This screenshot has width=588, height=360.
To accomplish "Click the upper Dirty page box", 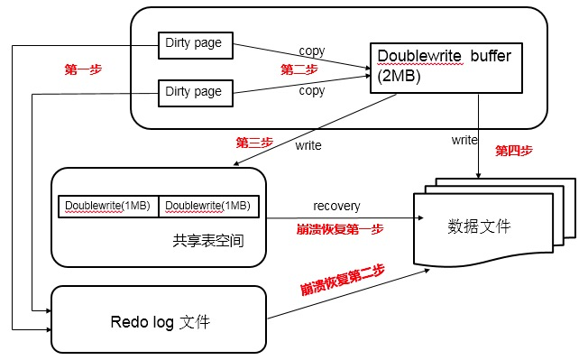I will point(196,42).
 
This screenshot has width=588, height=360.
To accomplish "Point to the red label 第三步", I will point(254,142).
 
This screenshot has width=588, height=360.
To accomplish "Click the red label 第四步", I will point(514,151).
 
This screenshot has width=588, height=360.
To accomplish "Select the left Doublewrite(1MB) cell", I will point(108,207).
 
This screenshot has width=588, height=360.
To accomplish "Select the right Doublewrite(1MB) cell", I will point(209,207).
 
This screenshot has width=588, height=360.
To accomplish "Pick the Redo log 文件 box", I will point(158,319).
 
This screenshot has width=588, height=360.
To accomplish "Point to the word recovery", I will point(337,207).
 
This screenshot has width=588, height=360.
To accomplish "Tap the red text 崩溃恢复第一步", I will point(339,229).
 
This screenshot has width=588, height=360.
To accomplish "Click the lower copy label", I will point(312,91).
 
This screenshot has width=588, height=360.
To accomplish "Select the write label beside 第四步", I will point(465,141).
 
